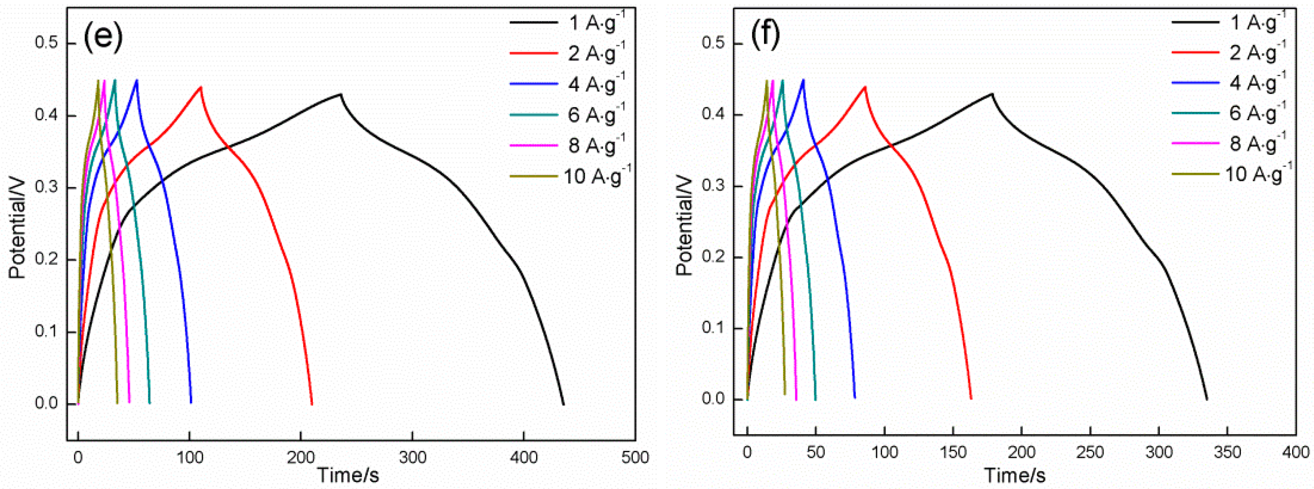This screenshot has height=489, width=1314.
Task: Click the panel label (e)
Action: pyautogui.click(x=102, y=37)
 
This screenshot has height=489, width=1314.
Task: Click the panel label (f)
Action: pyautogui.click(x=765, y=36)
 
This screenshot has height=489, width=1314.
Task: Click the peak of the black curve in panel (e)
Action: pyautogui.click(x=340, y=94)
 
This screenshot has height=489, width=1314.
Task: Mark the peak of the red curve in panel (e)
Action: pyautogui.click(x=201, y=87)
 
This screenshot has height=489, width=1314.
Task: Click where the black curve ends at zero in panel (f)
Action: pyautogui.click(x=1207, y=399)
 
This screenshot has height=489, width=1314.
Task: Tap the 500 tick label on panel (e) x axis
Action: pyautogui.click(x=635, y=457)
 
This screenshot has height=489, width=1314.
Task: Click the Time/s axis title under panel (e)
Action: pyautogui.click(x=348, y=475)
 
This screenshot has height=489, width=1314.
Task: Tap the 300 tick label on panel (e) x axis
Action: pyautogui.click(x=412, y=457)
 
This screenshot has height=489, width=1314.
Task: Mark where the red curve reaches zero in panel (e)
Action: pyautogui.click(x=312, y=404)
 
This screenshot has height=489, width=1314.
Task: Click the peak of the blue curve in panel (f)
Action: pyautogui.click(x=804, y=80)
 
